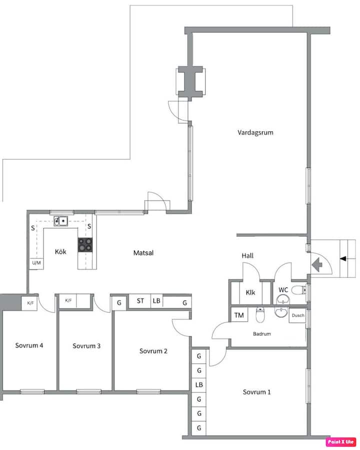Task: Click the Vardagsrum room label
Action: tap(255, 132)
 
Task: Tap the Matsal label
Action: tap(143, 253)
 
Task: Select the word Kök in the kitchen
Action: tap(60, 251)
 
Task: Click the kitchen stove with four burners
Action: tap(85, 245)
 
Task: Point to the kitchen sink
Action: tap(61, 221)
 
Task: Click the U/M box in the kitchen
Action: tap(36, 263)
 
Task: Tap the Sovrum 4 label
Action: tap(29, 345)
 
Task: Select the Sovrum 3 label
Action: tap(86, 346)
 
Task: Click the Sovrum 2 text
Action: tap(153, 351)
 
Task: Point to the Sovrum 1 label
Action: tap(256, 392)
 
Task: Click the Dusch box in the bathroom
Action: tap(297, 315)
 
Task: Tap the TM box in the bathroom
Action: tap(239, 315)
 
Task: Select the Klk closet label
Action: tap(250, 292)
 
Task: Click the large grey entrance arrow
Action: tap(317, 264)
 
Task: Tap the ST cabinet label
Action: tap(140, 301)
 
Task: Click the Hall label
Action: tap(247, 255)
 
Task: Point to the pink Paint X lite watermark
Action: tap(341, 441)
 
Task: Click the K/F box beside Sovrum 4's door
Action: tap(30, 303)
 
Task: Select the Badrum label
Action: tap(262, 334)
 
